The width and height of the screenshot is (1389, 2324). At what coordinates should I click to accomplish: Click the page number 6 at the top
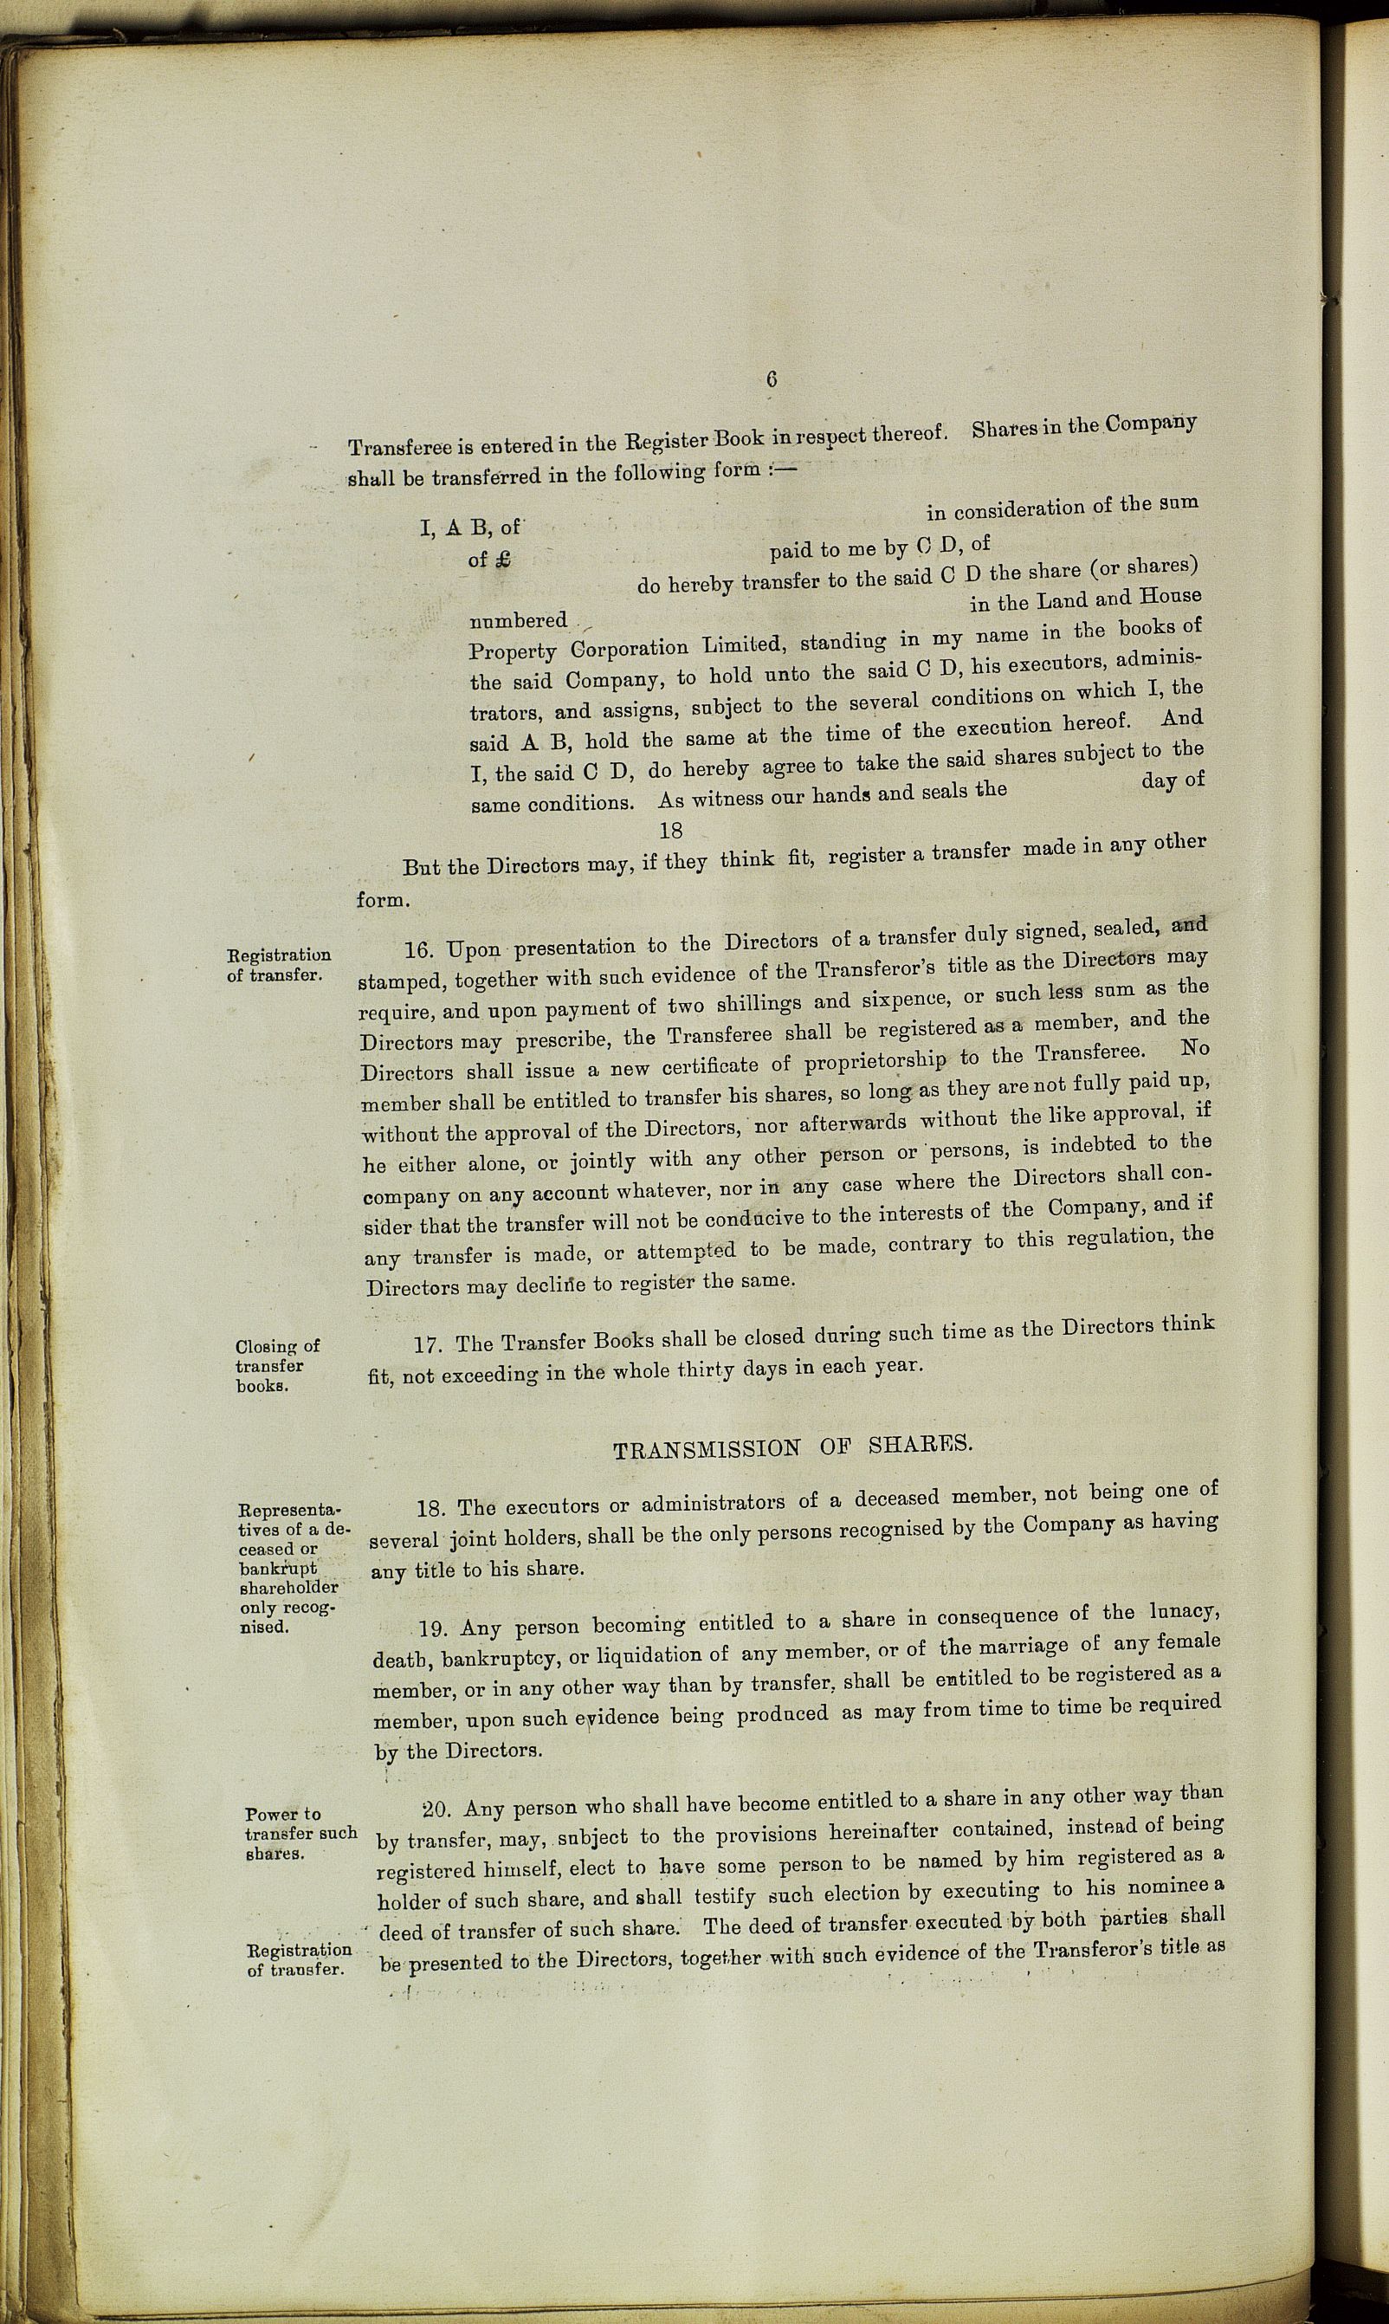tap(772, 379)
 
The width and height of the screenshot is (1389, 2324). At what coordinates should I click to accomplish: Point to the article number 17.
tap(428, 1345)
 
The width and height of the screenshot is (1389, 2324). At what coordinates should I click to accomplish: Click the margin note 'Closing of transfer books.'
tap(278, 1366)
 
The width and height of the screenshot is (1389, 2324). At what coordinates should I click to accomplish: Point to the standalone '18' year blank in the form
tap(670, 830)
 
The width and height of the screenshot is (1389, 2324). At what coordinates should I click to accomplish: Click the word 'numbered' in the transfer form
tap(519, 620)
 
